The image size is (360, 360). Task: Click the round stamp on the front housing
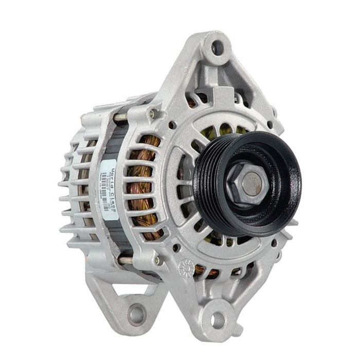(x=184, y=267)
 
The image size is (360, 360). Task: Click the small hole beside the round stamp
(x=176, y=247)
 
